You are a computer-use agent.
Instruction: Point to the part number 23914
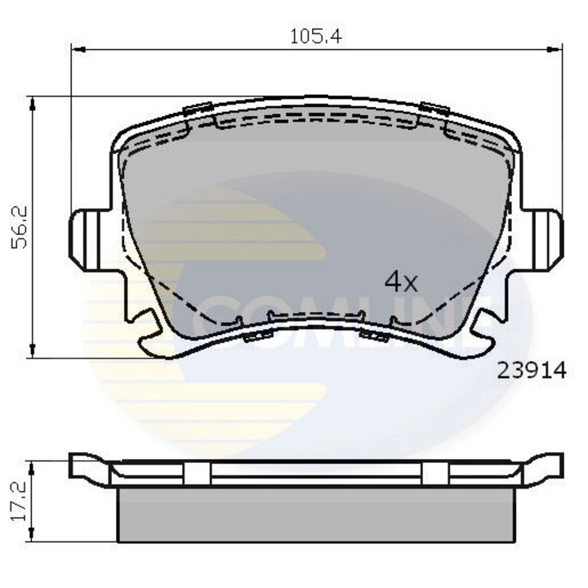point(532,371)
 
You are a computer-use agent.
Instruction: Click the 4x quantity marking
point(401,283)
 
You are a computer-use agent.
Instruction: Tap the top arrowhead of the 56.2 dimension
point(33,102)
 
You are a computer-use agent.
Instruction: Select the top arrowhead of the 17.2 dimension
point(33,466)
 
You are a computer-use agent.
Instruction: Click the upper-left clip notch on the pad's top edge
point(198,109)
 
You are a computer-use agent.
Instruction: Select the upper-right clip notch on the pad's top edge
point(433,108)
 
